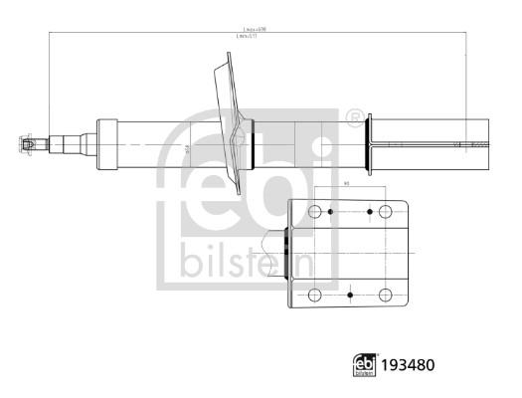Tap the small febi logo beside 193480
[x=365, y=365]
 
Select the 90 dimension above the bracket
[x=346, y=184]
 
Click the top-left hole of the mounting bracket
[x=316, y=212]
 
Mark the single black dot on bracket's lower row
[x=350, y=295]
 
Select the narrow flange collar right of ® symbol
[x=369, y=146]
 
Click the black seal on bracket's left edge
[x=287, y=253]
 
